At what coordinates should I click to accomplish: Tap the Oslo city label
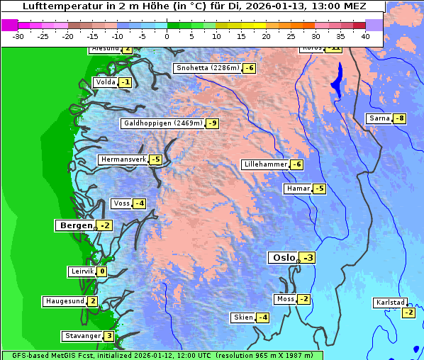coord(283,258)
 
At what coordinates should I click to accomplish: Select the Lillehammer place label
coord(265,164)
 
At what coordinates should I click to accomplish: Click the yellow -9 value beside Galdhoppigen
coord(212,123)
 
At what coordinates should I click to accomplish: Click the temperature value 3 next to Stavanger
coord(108,336)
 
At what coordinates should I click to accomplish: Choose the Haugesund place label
coord(65,301)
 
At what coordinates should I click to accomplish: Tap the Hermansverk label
coord(123,159)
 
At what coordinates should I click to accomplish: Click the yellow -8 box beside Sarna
coord(399,118)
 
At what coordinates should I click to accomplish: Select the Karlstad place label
coord(391,303)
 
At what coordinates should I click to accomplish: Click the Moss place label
coord(285,299)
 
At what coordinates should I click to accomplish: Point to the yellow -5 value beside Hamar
coord(319,189)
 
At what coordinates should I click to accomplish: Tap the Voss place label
coord(121,203)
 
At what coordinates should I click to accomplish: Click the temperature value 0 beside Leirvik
coord(102,271)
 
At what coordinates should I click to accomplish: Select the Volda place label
coord(105,82)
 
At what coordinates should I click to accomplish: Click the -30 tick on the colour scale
coord(18,35)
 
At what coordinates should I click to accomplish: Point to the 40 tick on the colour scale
coord(364,35)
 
